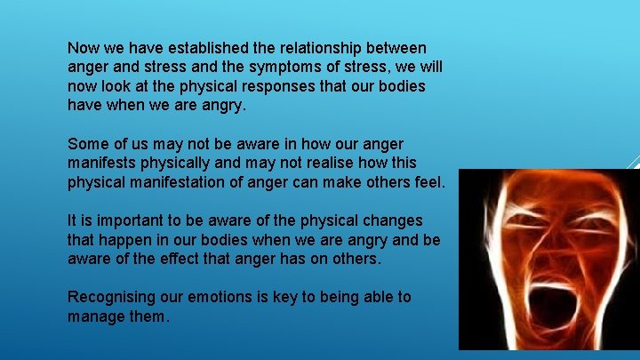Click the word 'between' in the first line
(396, 47)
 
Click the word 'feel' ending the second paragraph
(427, 183)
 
